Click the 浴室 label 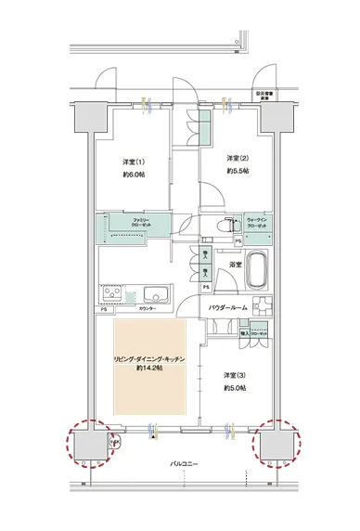236,265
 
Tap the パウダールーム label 226,305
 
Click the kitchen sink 151,296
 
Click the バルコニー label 181,461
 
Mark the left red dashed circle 91,442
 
